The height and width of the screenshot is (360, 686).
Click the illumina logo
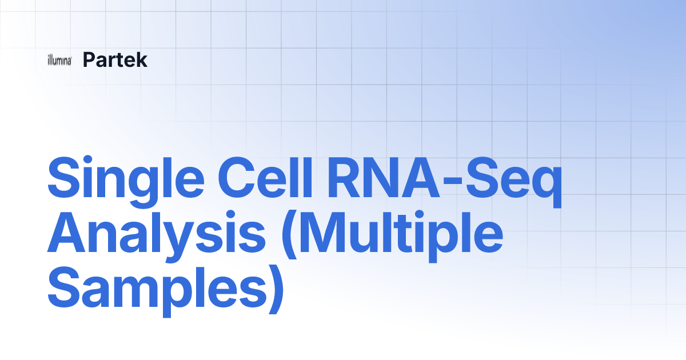coord(59,61)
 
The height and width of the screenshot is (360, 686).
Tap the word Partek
coord(115,59)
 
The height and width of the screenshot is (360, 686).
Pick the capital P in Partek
coord(89,59)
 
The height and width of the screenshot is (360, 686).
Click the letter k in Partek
coord(142,59)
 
